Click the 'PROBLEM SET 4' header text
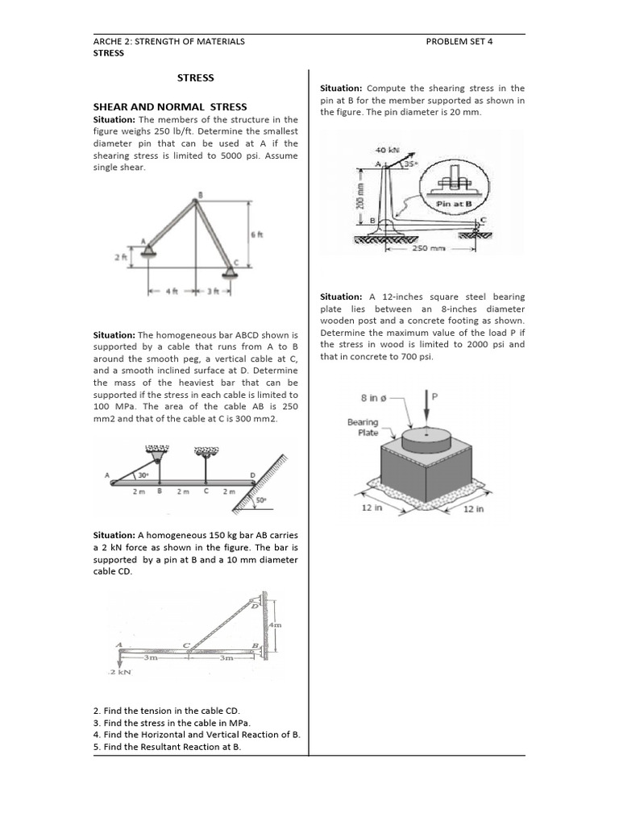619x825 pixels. pyautogui.click(x=459, y=41)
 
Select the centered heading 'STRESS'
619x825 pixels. pyautogui.click(x=196, y=77)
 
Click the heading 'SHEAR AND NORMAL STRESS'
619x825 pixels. pyautogui.click(x=170, y=106)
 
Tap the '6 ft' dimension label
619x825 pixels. pyautogui.click(x=256, y=234)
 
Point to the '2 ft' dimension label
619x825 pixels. pyautogui.click(x=118, y=257)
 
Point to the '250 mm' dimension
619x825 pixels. pyautogui.click(x=429, y=248)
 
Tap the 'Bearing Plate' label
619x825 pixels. pyautogui.click(x=363, y=427)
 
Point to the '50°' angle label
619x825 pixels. pyautogui.click(x=261, y=500)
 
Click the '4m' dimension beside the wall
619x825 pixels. pyautogui.click(x=275, y=624)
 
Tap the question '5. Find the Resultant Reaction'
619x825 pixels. pyautogui.click(x=168, y=747)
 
